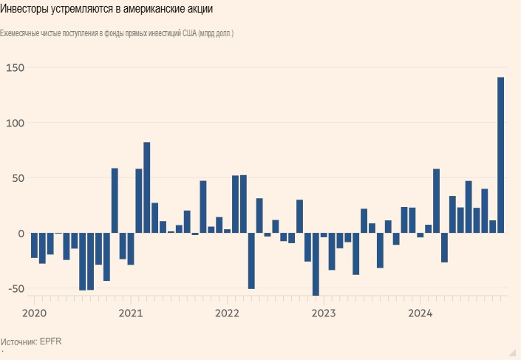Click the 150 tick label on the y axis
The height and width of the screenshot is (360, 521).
(x=15, y=68)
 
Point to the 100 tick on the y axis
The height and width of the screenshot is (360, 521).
(x=15, y=123)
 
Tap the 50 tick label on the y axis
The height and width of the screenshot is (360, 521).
(x=17, y=178)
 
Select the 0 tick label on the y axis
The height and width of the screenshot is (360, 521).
(x=21, y=234)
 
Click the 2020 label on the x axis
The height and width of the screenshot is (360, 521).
(x=34, y=313)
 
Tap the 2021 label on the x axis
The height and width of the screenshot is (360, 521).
(x=131, y=313)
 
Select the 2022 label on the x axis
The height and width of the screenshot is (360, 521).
(x=228, y=313)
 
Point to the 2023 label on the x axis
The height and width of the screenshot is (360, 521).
(x=324, y=313)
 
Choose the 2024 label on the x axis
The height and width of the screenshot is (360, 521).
(x=420, y=313)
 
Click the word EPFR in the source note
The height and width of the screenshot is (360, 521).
(x=52, y=342)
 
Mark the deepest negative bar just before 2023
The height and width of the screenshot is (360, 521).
(x=316, y=265)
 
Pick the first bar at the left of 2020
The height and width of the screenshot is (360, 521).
(x=34, y=245)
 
